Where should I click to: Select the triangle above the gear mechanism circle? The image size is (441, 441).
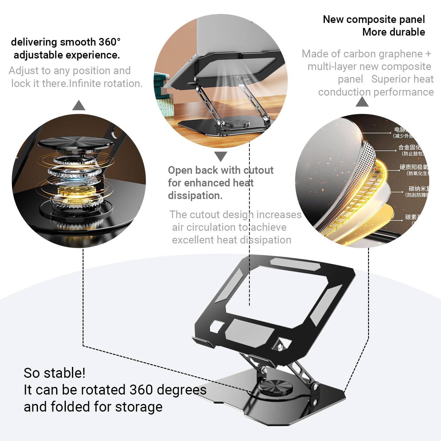pyautogui.click(x=79, y=106)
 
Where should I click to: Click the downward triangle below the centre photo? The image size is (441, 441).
pyautogui.click(x=220, y=156)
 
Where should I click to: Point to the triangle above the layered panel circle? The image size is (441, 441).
pyautogui.click(x=362, y=102)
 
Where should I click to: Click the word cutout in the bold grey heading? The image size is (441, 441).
pyautogui.click(x=259, y=170)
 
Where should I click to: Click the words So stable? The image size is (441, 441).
pyautogui.click(x=54, y=373)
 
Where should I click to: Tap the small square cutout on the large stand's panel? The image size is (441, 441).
pyautogui.click(x=217, y=327)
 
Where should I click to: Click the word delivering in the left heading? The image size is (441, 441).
pyautogui.click(x=34, y=42)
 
